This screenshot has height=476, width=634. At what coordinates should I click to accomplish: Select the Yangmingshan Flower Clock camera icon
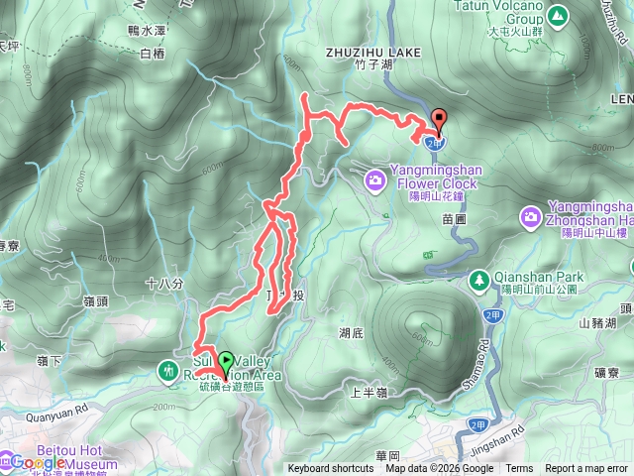coord(376,179)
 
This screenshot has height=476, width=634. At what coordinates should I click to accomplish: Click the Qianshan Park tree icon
coord(479,280)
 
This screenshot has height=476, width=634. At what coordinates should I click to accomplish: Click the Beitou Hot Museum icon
coord(7,459)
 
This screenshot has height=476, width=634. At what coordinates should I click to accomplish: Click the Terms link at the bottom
coord(519,469)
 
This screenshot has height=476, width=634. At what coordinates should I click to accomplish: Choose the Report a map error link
coord(586,469)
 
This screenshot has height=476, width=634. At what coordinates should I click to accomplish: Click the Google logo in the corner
coord(38,462)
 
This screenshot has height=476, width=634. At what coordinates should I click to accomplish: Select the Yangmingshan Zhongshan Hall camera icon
coord(531,216)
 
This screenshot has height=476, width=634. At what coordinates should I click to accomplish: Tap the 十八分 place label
coord(164,284)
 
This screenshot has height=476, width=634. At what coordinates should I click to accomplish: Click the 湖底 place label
coord(350,332)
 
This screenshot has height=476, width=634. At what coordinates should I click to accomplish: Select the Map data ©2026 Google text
coord(440,469)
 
